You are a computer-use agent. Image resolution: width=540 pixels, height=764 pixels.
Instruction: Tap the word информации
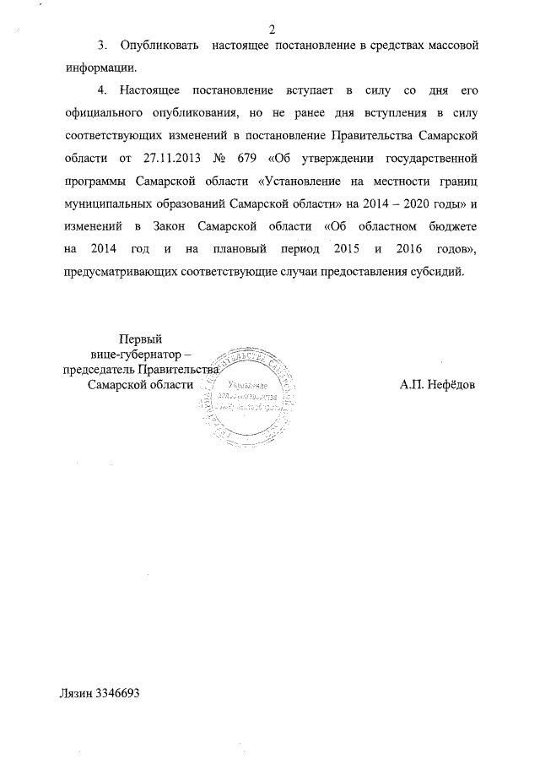point(100,66)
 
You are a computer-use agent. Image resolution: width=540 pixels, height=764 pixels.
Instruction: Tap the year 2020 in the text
point(413,203)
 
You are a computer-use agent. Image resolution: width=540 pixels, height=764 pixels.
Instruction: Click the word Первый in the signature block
point(141,339)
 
